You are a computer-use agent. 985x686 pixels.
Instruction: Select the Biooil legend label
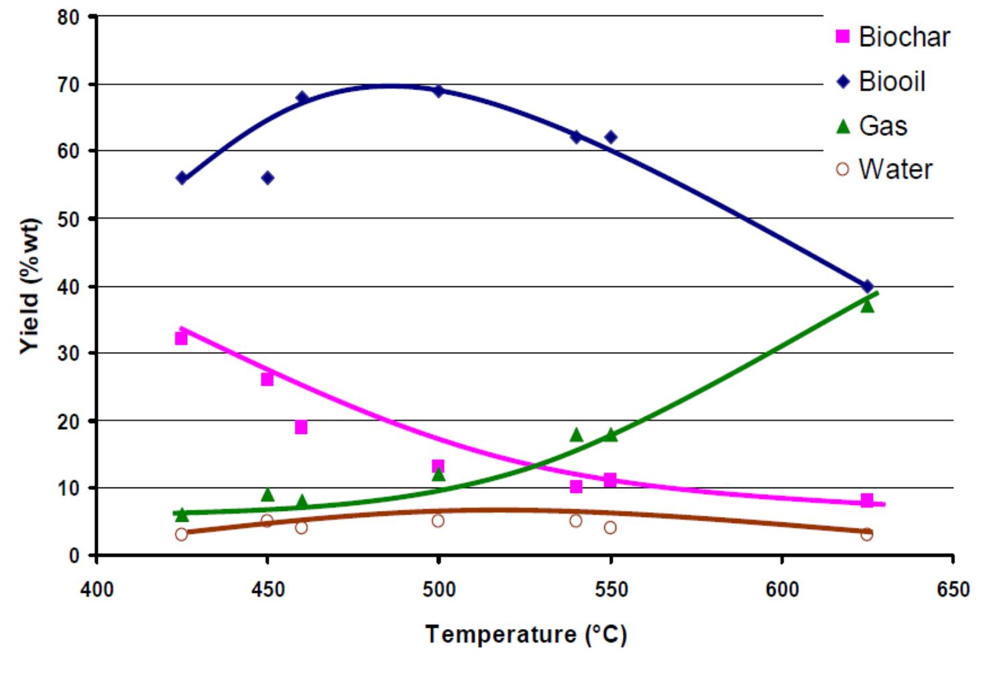tap(892, 82)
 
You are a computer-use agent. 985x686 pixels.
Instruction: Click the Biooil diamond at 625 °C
tap(867, 286)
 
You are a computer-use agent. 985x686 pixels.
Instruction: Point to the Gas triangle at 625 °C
tap(867, 306)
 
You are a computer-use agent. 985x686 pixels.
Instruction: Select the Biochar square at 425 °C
tap(181, 338)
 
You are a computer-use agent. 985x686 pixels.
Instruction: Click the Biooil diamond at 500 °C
tap(439, 91)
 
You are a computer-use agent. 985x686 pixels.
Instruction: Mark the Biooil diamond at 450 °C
tap(268, 178)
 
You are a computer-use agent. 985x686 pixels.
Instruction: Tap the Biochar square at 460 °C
tap(301, 427)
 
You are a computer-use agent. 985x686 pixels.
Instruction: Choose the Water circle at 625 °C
tap(867, 534)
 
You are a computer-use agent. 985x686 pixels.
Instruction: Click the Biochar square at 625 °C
tap(867, 500)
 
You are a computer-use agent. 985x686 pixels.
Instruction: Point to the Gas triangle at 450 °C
tap(268, 495)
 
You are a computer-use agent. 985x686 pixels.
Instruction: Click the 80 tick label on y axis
tap(68, 17)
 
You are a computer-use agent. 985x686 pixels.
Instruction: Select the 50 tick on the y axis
tap(68, 219)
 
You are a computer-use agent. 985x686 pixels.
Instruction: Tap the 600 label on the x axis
tap(782, 589)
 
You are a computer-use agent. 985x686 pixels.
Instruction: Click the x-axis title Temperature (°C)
tap(526, 634)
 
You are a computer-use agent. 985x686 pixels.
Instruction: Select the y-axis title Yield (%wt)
tap(30, 286)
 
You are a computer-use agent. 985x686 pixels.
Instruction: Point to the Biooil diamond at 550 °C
tap(610, 137)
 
